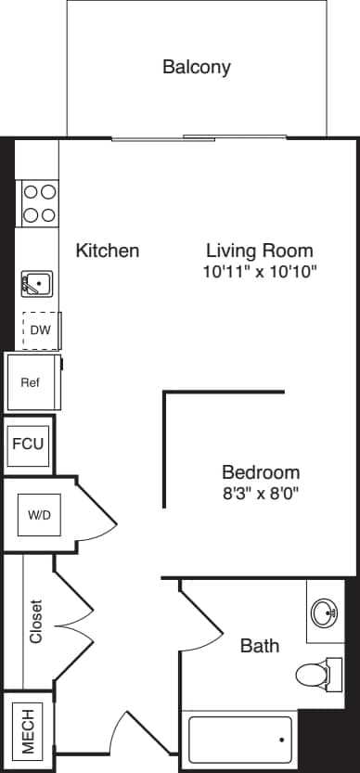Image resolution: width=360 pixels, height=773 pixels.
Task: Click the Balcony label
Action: click(196, 67)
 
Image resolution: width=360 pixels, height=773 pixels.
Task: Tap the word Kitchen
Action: click(108, 251)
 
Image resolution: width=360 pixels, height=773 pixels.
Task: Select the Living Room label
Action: click(259, 251)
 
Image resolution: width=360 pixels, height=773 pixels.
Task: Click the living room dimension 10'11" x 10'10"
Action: click(260, 272)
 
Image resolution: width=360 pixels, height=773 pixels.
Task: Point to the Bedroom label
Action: click(260, 471)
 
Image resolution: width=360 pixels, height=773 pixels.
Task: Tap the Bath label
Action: click(260, 645)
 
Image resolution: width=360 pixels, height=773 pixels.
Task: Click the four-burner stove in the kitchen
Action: click(38, 203)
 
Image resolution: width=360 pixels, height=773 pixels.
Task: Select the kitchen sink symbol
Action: click(38, 283)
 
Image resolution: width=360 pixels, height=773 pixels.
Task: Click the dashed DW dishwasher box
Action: click(40, 330)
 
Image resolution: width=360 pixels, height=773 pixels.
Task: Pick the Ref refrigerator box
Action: click(32, 381)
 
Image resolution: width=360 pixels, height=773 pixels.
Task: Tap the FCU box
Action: click(27, 444)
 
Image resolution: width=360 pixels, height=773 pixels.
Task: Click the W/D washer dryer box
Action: click(39, 514)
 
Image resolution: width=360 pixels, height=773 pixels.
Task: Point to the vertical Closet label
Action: click(36, 620)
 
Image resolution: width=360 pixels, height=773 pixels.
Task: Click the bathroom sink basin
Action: click(325, 613)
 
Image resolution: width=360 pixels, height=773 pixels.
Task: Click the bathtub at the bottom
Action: click(240, 740)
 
